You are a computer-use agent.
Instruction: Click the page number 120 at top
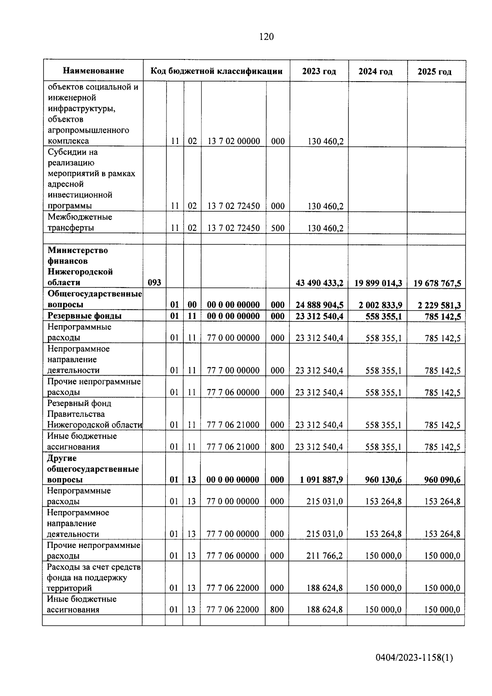click(266, 37)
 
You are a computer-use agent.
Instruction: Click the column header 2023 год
click(319, 71)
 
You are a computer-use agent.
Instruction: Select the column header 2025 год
click(435, 72)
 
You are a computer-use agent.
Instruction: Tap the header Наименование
click(93, 71)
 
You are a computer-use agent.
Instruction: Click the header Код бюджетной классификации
click(216, 71)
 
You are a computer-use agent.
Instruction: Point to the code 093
click(154, 283)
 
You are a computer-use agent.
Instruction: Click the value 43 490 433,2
click(319, 283)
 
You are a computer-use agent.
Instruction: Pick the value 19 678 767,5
click(437, 283)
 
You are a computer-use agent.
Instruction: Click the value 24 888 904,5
click(319, 305)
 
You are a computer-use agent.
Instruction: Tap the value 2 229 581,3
click(439, 305)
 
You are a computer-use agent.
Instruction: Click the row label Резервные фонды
click(84, 316)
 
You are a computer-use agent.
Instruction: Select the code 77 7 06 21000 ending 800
click(233, 447)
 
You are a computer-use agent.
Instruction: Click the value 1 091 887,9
click(321, 479)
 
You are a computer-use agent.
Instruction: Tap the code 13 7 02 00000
click(234, 141)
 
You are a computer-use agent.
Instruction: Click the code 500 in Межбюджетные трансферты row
click(278, 228)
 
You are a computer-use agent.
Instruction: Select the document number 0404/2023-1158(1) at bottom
click(414, 658)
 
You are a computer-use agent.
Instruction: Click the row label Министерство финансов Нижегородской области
click(80, 266)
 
